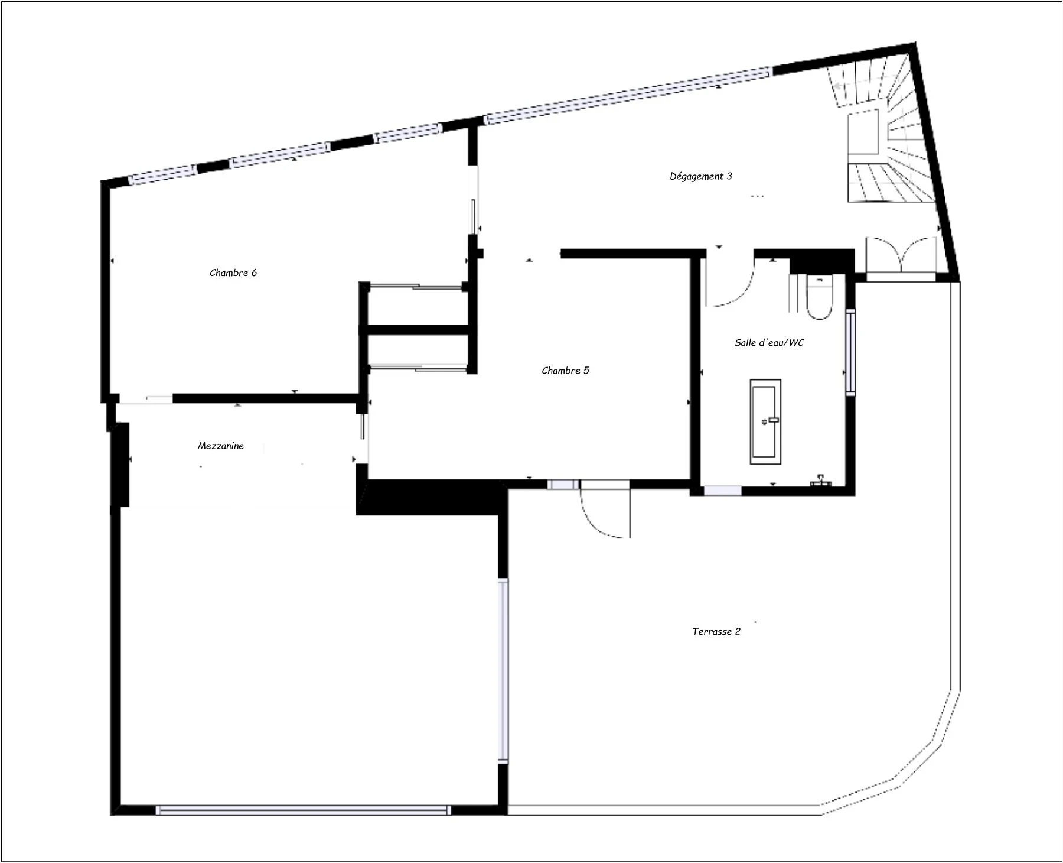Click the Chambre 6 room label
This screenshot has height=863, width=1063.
(233, 272)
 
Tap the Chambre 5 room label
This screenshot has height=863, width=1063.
(565, 371)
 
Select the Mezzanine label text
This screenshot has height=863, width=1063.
(220, 446)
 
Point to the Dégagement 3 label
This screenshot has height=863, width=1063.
(700, 176)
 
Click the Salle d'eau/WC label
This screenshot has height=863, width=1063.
(769, 342)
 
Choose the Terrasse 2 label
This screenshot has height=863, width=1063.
(716, 631)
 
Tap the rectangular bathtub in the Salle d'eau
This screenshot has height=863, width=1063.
(765, 421)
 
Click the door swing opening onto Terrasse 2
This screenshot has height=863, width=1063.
(605, 511)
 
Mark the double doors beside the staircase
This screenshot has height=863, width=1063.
(901, 255)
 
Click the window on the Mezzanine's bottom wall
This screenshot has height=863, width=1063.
(302, 810)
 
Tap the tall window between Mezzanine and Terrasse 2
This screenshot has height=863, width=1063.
(503, 670)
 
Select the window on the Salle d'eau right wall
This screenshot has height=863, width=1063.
(850, 352)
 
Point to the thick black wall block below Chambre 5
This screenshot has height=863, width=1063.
(431, 497)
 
